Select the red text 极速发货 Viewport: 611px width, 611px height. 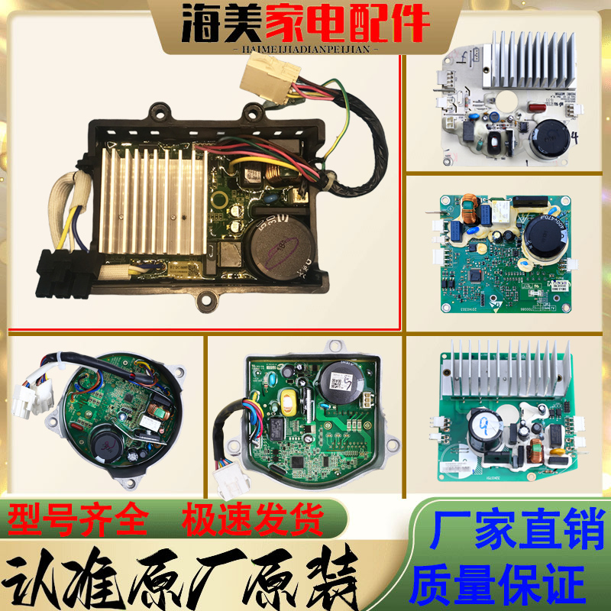click(253, 522)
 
